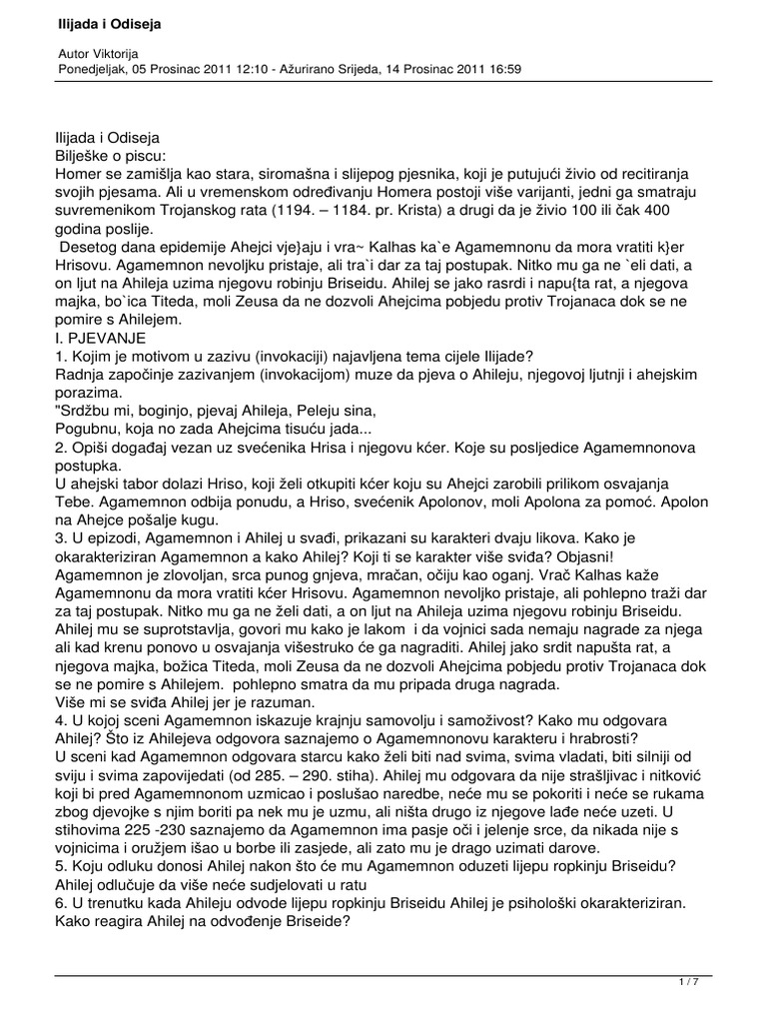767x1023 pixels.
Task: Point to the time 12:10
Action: [274, 70]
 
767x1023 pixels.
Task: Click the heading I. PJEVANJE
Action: [104, 340]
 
